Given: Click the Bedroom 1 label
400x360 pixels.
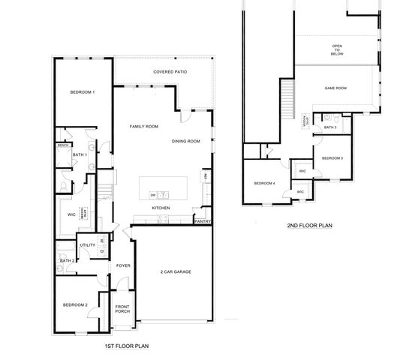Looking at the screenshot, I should pyautogui.click(x=83, y=91).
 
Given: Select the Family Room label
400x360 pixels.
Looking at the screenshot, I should pyautogui.click(x=143, y=127).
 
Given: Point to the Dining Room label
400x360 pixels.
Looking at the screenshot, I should pyautogui.click(x=185, y=141).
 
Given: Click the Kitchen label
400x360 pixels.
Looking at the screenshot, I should pyautogui.click(x=161, y=208).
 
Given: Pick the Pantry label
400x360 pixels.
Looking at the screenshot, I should pyautogui.click(x=202, y=221).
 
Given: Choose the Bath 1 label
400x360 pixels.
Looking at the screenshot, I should pyautogui.click(x=80, y=155).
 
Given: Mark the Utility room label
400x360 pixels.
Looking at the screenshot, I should pyautogui.click(x=87, y=244).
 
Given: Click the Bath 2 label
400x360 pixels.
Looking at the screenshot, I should pyautogui.click(x=68, y=260).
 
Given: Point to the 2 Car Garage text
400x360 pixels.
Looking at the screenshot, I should pyautogui.click(x=175, y=271).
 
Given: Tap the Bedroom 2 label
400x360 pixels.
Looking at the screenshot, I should pyautogui.click(x=76, y=304).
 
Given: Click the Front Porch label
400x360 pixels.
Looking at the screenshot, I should pyautogui.click(x=123, y=309).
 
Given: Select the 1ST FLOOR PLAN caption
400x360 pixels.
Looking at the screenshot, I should pyautogui.click(x=127, y=347).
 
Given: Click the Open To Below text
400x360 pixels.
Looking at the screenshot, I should pyautogui.click(x=337, y=50).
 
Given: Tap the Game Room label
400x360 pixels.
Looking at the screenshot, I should pyautogui.click(x=335, y=88).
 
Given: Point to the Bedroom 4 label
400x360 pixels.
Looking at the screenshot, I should pyautogui.click(x=264, y=184).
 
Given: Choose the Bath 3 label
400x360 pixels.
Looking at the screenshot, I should pyautogui.click(x=330, y=127).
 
